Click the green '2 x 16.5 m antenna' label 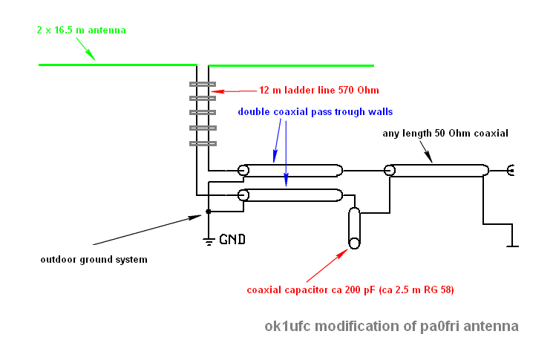coord(82,30)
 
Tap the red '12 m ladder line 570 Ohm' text coord(319,90)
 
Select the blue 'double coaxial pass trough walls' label coord(315,111)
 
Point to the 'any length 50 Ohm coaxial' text coord(445,134)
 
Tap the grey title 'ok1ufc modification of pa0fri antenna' coord(391,326)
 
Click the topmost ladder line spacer coord(202,85)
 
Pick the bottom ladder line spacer coord(202,142)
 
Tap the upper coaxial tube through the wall coord(292,171)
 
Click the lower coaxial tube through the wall coord(292,195)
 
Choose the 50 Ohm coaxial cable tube coord(438,171)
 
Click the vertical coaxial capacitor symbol coord(354,228)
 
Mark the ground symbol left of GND coord(209,239)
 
